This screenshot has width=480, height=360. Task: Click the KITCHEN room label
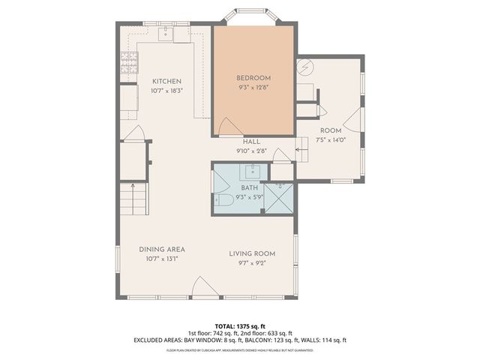click(166, 82)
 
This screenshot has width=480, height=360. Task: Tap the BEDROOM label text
click(253, 78)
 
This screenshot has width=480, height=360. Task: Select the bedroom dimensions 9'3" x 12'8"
click(253, 87)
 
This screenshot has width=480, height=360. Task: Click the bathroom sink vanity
click(248, 172)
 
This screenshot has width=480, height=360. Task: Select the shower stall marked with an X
click(278, 199)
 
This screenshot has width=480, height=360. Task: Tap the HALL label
click(252, 142)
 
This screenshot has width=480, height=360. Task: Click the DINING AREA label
click(162, 249)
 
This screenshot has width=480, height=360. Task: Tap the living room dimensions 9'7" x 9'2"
click(247, 262)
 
